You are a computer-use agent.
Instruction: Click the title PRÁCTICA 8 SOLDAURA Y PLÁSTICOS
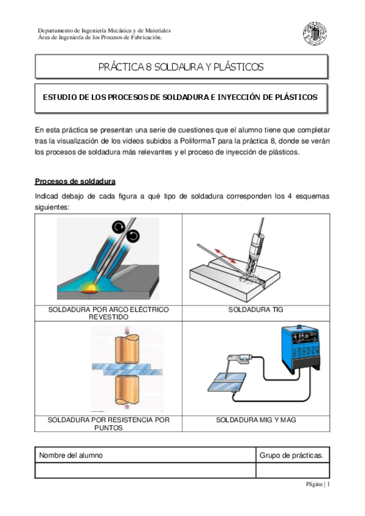pyautogui.click(x=181, y=67)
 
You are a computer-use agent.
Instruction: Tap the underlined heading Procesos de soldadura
pyautogui.click(x=75, y=181)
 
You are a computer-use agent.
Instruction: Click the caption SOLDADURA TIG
pyautogui.click(x=255, y=310)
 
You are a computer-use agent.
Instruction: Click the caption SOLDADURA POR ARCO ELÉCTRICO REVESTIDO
pyautogui.click(x=108, y=313)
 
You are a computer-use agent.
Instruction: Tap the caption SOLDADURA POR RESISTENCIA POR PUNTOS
pyautogui.click(x=108, y=424)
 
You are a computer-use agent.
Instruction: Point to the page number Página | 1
pyautogui.click(x=318, y=484)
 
